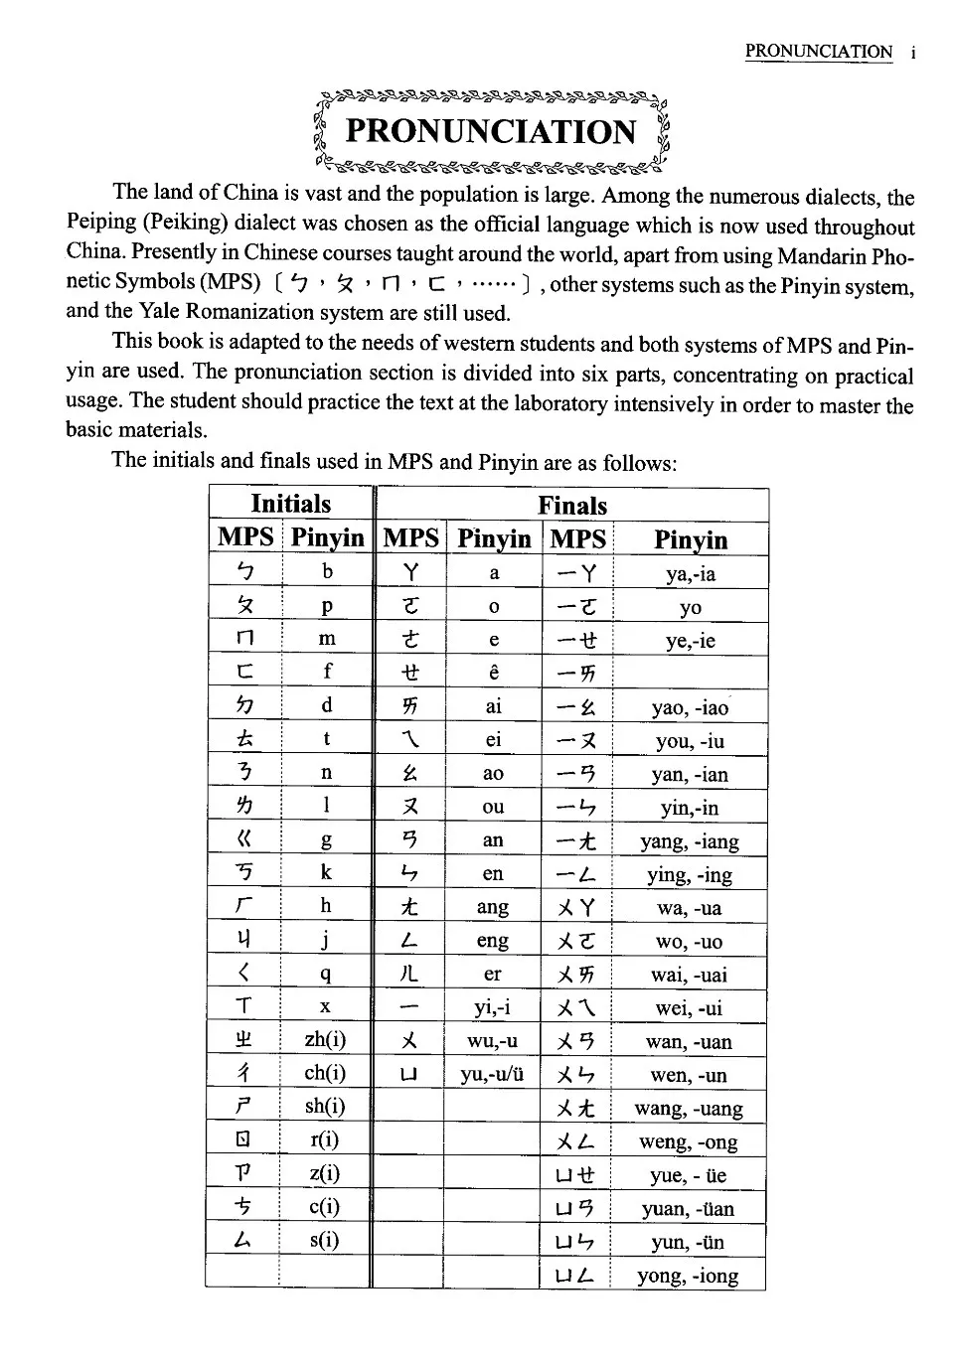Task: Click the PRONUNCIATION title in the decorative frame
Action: tap(490, 131)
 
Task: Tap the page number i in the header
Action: tap(911, 52)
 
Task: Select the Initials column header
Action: tap(290, 504)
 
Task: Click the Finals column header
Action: tap(572, 505)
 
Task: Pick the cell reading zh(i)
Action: tap(325, 1039)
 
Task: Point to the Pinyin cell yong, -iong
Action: tap(688, 1276)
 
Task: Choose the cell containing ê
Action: tap(493, 674)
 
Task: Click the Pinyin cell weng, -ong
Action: tap(688, 1141)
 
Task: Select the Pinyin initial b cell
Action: tap(327, 572)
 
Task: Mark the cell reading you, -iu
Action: tap(690, 740)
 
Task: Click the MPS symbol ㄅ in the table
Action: tap(244, 572)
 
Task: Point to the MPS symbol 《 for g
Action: tap(244, 839)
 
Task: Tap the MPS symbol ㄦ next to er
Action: tap(410, 974)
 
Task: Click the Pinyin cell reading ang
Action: tap(493, 907)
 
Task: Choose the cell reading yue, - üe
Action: tap(689, 1175)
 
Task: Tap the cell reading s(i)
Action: tap(325, 1240)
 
